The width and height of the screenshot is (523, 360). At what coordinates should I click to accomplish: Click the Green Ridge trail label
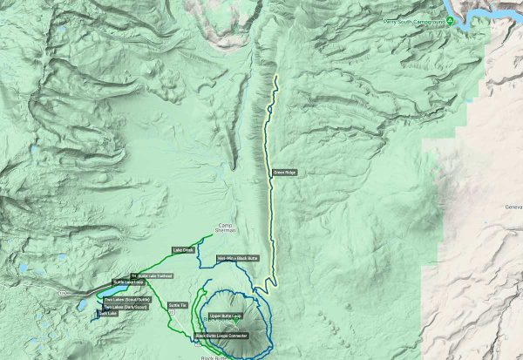point(284,173)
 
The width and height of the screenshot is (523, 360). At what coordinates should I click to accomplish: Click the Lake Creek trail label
point(183,251)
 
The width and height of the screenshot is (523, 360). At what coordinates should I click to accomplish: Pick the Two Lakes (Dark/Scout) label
point(120,307)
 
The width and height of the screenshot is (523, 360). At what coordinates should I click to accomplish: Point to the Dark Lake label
point(107,314)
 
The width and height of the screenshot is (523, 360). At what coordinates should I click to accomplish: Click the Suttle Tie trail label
point(178,305)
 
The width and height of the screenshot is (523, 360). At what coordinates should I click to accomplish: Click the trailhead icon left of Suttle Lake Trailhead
point(133,276)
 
